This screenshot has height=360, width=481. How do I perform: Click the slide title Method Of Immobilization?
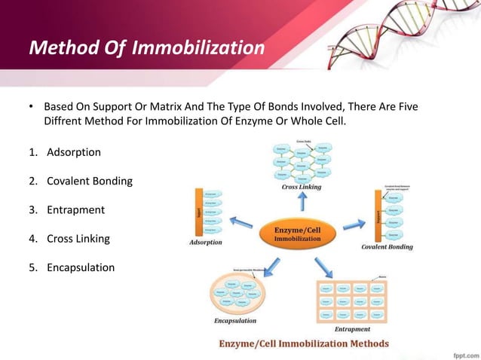click(146, 48)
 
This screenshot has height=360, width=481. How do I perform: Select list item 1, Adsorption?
click(73, 152)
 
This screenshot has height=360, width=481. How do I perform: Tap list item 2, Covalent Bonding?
click(89, 181)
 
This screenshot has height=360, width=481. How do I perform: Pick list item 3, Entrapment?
click(75, 209)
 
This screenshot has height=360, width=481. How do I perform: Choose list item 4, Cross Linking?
click(78, 238)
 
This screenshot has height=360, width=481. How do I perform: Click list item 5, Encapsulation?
click(81, 267)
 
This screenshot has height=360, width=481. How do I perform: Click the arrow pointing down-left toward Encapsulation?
click(269, 263)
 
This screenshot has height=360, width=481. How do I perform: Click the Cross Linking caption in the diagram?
click(302, 187)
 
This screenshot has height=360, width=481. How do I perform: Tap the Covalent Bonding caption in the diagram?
click(387, 246)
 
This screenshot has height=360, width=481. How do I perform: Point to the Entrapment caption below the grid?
click(351, 328)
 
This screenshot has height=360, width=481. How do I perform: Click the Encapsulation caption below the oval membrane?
click(235, 320)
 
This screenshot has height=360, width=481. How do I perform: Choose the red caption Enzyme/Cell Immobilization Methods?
click(304, 343)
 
